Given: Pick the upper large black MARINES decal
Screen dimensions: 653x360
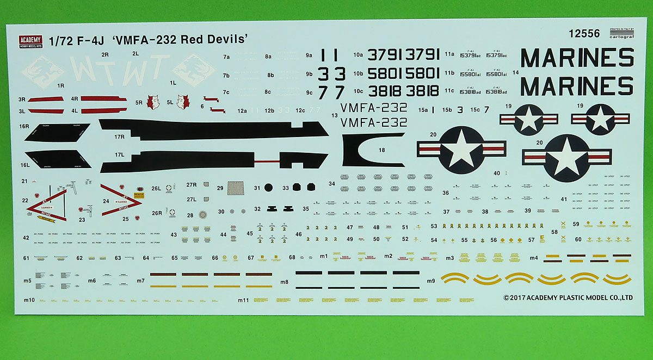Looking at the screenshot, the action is [577, 58].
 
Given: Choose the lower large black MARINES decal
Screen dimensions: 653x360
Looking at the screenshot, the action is [577, 86].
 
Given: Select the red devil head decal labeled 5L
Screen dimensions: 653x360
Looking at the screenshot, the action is [183, 101].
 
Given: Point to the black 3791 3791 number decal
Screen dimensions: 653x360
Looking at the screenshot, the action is [403, 55].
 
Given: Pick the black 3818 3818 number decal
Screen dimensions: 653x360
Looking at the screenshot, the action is [403, 91].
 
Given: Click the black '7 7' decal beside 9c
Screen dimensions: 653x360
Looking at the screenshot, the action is [331, 92].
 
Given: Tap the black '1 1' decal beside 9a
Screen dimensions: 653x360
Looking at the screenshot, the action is [330, 55].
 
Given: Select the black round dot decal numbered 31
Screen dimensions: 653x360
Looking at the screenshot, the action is [268, 188].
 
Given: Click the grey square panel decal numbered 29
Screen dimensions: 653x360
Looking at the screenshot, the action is [235, 188].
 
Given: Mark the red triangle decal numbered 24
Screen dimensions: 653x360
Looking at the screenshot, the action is [121, 202].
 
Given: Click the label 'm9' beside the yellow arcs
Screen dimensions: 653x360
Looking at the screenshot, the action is [431, 281].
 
